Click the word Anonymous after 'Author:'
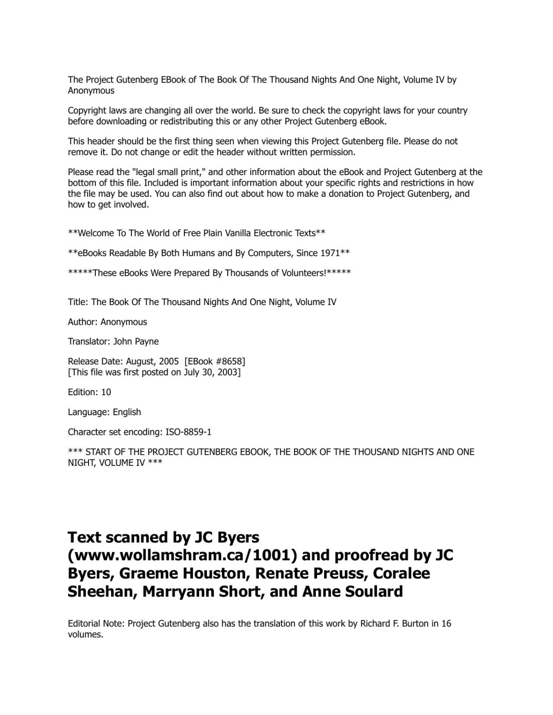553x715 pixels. (x=124, y=322)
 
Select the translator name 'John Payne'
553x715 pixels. (x=136, y=341)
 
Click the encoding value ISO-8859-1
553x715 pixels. (x=185, y=432)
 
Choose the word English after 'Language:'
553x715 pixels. (x=127, y=412)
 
